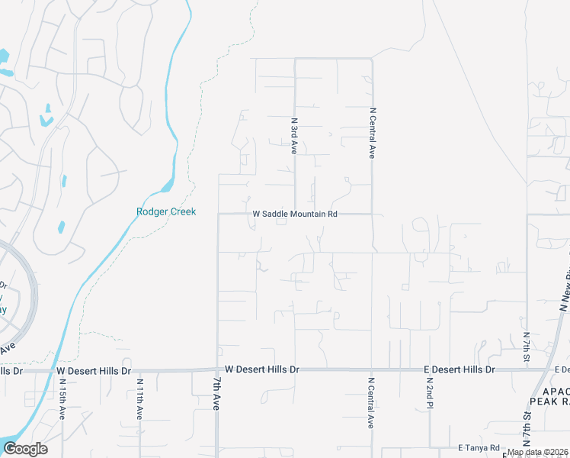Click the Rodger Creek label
[166, 211]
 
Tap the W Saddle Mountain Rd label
[295, 214]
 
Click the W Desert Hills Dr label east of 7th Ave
[262, 369]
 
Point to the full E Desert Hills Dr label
[459, 369]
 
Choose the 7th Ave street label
[216, 394]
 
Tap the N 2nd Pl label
[430, 391]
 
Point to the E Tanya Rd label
[479, 447]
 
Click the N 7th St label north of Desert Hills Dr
[527, 347]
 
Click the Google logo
[25, 449]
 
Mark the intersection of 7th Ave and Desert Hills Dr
[218, 369]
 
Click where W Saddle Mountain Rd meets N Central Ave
[372, 214]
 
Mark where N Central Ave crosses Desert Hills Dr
[372, 369]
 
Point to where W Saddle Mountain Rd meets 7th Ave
[219, 214]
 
